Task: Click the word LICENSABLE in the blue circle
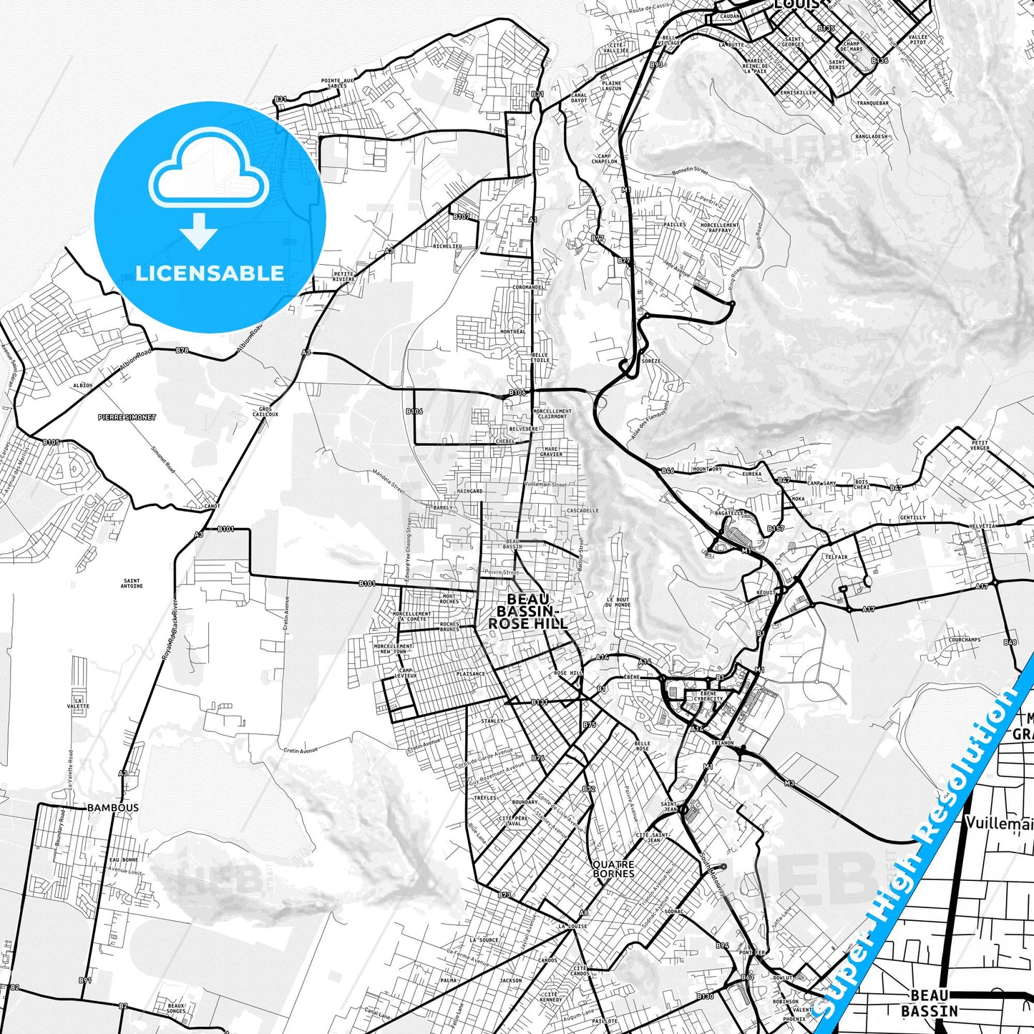pos(210,273)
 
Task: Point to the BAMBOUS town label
pos(113,808)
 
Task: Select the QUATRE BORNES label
pos(613,869)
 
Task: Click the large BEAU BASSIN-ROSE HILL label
pos(528,611)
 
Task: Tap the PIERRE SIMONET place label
pos(127,417)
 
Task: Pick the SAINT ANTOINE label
pos(132,584)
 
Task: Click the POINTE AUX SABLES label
pos(338,83)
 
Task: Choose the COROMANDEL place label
pos(528,288)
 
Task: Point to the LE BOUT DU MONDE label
pos(618,602)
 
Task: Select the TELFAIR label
pos(836,557)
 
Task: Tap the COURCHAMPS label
pos(964,640)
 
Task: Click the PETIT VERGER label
pos(980,445)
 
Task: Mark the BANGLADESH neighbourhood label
pos(871,136)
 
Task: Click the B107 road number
pos(462,216)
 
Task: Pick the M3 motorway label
pos(789,784)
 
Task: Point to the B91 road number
pos(85,980)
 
